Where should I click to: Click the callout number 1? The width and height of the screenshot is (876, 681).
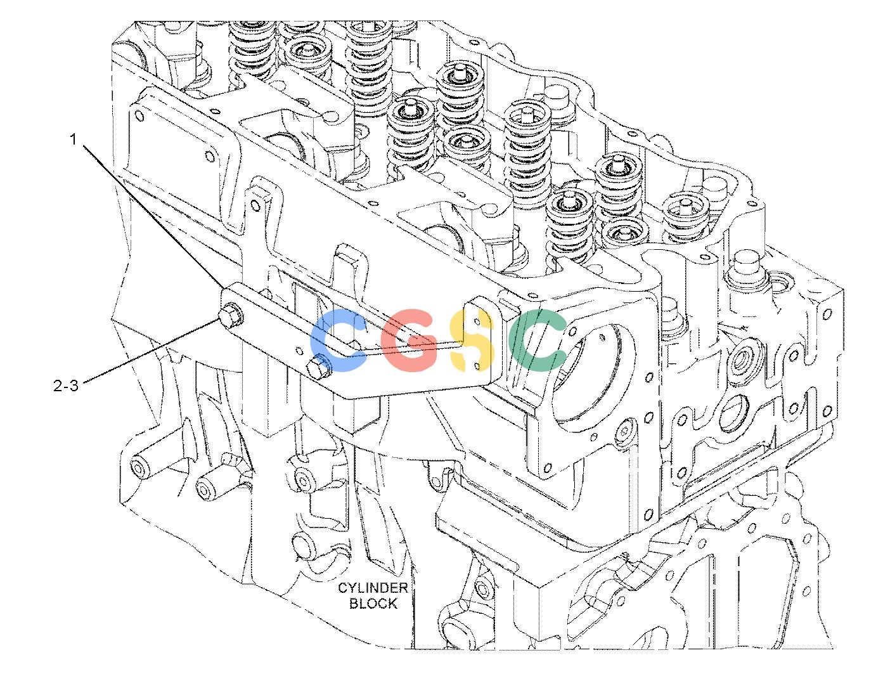click(73, 140)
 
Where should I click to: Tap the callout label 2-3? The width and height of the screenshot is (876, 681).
click(66, 386)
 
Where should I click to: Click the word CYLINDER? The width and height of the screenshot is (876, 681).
click(373, 588)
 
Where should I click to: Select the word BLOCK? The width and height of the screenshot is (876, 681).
click(373, 604)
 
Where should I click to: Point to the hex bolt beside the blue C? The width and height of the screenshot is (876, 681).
click(319, 366)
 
